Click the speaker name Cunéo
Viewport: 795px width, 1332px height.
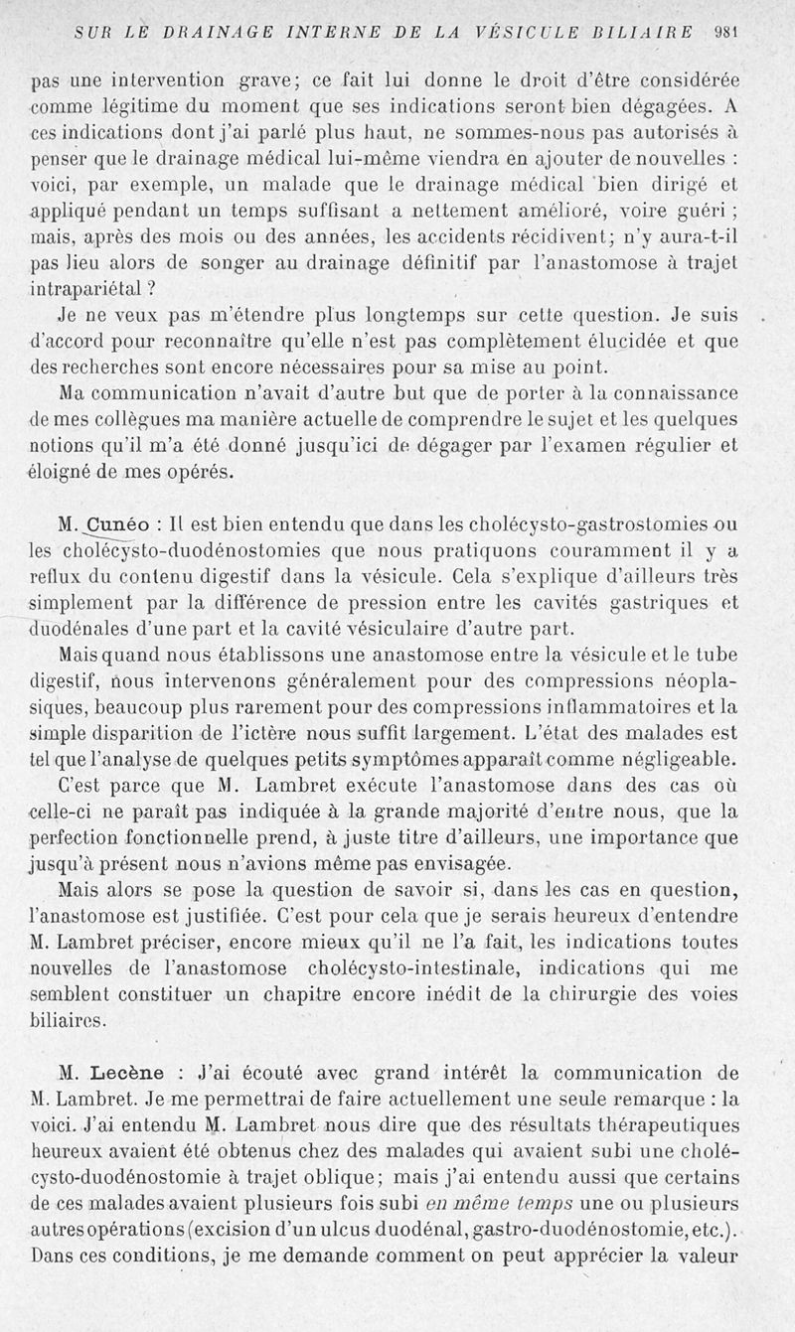[118, 525]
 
